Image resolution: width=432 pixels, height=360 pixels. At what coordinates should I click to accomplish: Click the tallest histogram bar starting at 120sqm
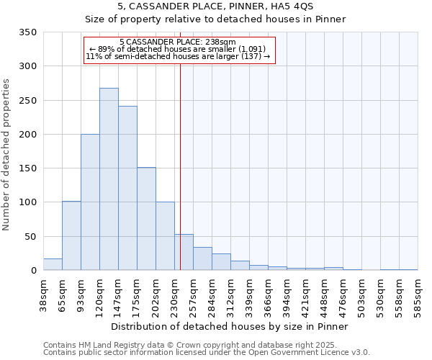[109, 179]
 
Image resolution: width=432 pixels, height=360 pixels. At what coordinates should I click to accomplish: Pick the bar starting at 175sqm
[146, 219]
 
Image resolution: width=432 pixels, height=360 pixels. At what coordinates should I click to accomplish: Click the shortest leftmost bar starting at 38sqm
[53, 264]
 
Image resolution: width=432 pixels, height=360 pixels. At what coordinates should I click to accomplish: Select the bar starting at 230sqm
[184, 252]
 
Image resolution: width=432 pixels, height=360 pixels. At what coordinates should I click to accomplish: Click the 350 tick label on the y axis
[28, 32]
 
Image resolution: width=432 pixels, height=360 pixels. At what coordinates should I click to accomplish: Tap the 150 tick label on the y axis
[28, 168]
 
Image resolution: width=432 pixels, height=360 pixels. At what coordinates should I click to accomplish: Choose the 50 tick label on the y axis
[31, 237]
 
